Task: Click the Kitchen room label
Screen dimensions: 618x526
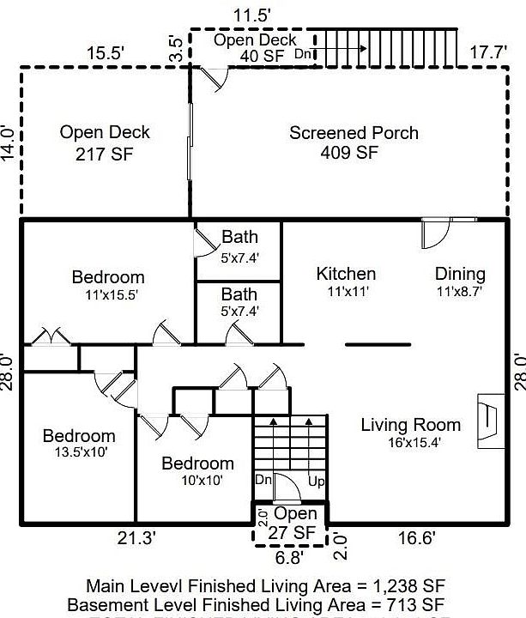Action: pyautogui.click(x=346, y=274)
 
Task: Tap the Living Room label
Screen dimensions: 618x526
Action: pyautogui.click(x=410, y=425)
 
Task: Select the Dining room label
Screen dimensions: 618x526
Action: pyautogui.click(x=460, y=274)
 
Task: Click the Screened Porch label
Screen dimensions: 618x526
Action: pyautogui.click(x=354, y=133)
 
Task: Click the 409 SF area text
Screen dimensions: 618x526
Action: pyautogui.click(x=354, y=154)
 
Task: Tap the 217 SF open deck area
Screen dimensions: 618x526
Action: pyautogui.click(x=105, y=154)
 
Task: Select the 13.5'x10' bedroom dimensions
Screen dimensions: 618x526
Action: pyautogui.click(x=79, y=452)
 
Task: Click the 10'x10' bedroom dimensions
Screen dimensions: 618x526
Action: pyautogui.click(x=197, y=481)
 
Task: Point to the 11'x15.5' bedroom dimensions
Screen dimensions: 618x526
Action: pyautogui.click(x=107, y=294)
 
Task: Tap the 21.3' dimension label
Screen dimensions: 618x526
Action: pyautogui.click(x=136, y=538)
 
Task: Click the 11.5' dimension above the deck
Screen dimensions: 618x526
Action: pyautogui.click(x=253, y=15)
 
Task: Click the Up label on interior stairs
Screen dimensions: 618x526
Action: pyautogui.click(x=316, y=482)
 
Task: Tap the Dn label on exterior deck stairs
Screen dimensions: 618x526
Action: pyautogui.click(x=303, y=54)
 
